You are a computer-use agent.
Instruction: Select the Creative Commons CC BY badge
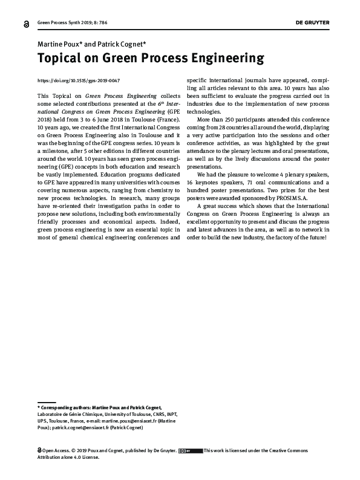[191, 450]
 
